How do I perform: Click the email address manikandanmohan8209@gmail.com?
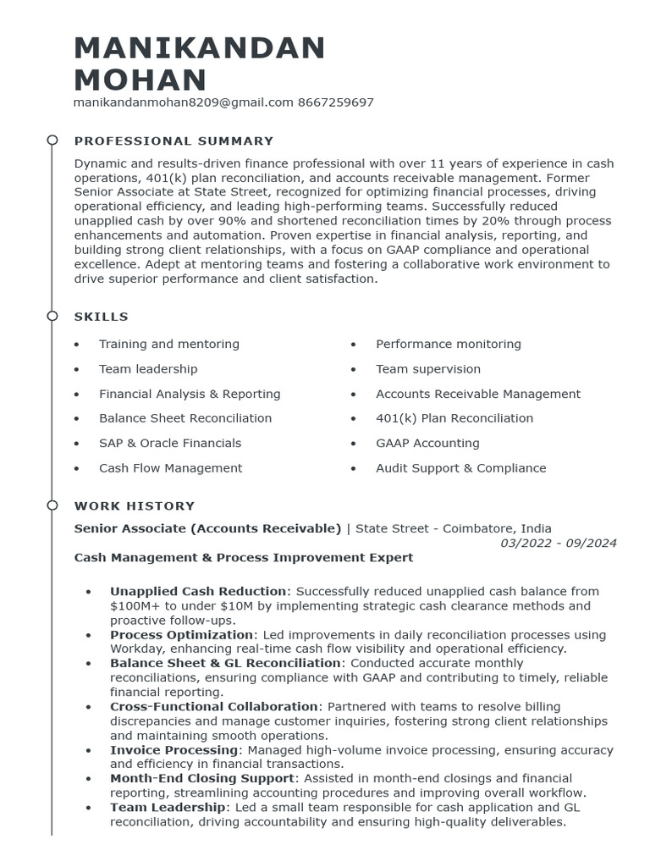click(x=184, y=102)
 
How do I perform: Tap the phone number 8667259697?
click(x=336, y=102)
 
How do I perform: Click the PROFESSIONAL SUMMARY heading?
click(x=174, y=141)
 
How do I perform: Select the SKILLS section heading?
click(x=102, y=317)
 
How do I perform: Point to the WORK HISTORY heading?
click(x=135, y=506)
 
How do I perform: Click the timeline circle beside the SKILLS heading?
click(x=52, y=316)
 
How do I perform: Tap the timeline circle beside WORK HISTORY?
click(x=52, y=505)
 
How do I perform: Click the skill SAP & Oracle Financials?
click(x=170, y=443)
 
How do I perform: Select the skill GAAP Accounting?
click(x=427, y=443)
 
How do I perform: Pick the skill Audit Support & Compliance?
click(x=460, y=468)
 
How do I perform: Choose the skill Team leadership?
click(x=148, y=369)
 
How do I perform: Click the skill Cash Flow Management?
click(x=170, y=468)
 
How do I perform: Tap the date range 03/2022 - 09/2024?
click(x=559, y=543)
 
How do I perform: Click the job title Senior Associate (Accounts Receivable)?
click(x=207, y=528)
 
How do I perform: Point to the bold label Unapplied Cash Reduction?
click(x=198, y=591)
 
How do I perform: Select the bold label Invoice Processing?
click(x=174, y=750)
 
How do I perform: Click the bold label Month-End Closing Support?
click(x=203, y=778)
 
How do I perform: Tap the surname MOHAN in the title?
click(x=140, y=80)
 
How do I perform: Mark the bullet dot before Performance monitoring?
click(x=354, y=345)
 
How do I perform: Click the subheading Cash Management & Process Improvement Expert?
click(x=244, y=557)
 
